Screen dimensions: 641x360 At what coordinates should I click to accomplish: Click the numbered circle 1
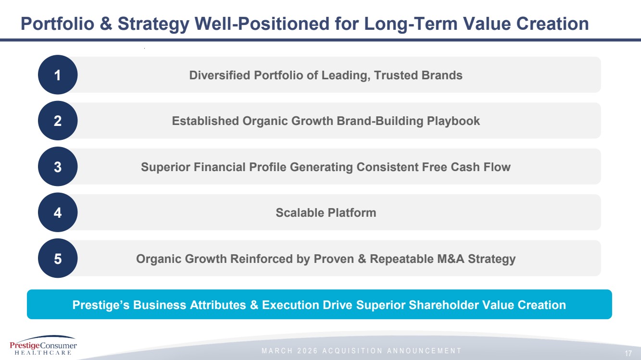[58, 74]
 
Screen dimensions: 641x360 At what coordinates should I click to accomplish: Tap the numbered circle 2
[58, 120]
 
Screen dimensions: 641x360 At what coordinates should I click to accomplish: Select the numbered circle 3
[58, 166]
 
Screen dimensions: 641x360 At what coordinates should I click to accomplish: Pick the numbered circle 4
[58, 212]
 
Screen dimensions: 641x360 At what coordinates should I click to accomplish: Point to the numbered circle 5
[58, 258]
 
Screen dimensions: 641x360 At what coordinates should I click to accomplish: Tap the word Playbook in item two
[453, 121]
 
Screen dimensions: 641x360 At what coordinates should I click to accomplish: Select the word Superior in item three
[165, 167]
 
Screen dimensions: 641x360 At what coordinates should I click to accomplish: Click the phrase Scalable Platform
[326, 213]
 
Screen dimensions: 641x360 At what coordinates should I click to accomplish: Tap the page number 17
[628, 353]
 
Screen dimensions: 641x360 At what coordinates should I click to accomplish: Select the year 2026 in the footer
[307, 351]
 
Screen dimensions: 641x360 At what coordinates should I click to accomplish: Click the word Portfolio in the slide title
[58, 24]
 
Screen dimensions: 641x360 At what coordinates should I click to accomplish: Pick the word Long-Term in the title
[411, 24]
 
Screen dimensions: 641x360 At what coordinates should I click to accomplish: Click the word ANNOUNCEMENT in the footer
[424, 351]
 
